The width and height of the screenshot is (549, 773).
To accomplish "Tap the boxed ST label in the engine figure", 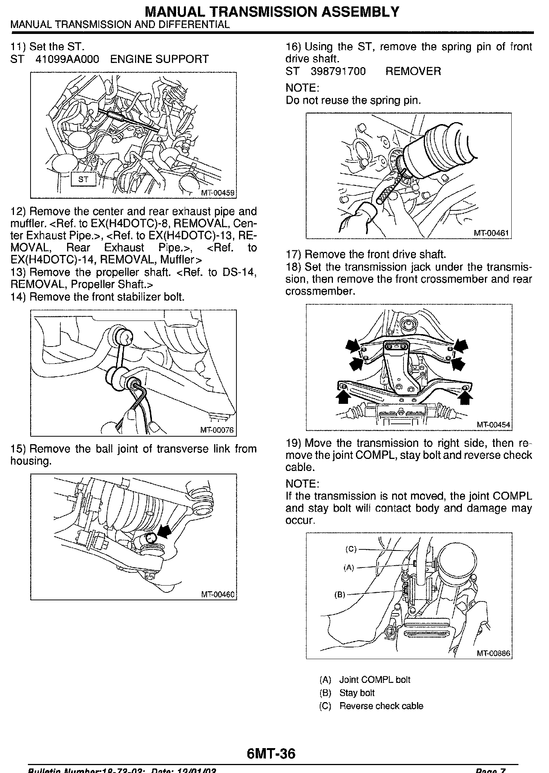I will pyautogui.click(x=83, y=179).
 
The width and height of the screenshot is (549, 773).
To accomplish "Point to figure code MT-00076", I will pyautogui.click(x=217, y=430).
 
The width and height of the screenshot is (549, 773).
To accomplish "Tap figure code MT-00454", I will pyautogui.click(x=493, y=425).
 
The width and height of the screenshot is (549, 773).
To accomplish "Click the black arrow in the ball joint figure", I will pyautogui.click(x=163, y=532).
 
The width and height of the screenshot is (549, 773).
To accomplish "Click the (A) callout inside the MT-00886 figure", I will pyautogui.click(x=349, y=567).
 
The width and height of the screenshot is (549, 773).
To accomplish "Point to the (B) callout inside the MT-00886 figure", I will pyautogui.click(x=340, y=595).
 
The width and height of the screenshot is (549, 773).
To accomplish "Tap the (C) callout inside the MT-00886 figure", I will pyautogui.click(x=351, y=549).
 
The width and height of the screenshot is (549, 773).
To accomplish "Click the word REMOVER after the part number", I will pyautogui.click(x=413, y=71).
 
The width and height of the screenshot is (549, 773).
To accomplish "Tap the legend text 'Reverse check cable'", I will pyautogui.click(x=381, y=706).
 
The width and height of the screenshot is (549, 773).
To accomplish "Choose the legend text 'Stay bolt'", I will pyautogui.click(x=357, y=693).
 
